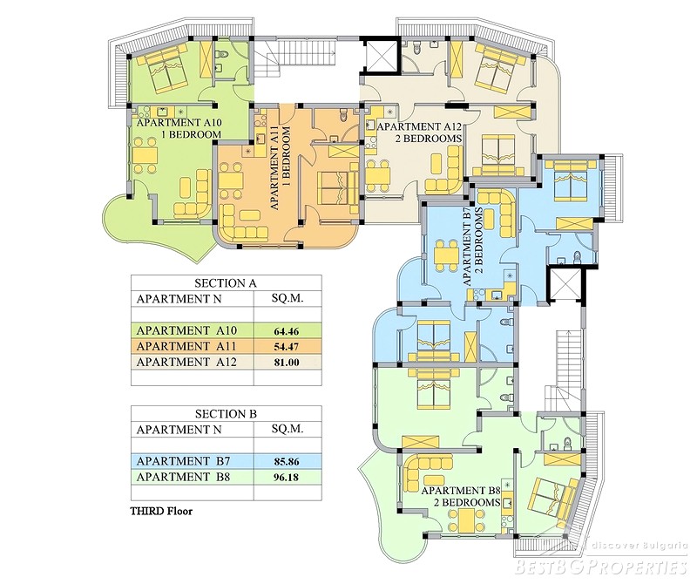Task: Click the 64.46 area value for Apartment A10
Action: pos(287,331)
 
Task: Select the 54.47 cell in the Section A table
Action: pos(287,347)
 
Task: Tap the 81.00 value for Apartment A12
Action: pos(287,362)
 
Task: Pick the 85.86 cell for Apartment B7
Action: pos(287,462)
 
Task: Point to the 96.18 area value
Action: pos(287,478)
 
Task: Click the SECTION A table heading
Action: pos(226,283)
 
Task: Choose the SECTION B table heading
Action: pos(226,414)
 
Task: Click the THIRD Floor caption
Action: pos(161,511)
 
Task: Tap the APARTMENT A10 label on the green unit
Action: pos(179,123)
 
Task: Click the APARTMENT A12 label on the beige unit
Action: pos(419,126)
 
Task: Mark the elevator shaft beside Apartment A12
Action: pos(380,55)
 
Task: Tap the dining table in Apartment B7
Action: pos(445,255)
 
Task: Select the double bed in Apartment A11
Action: pos(331,187)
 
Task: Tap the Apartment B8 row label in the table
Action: pos(183,478)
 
